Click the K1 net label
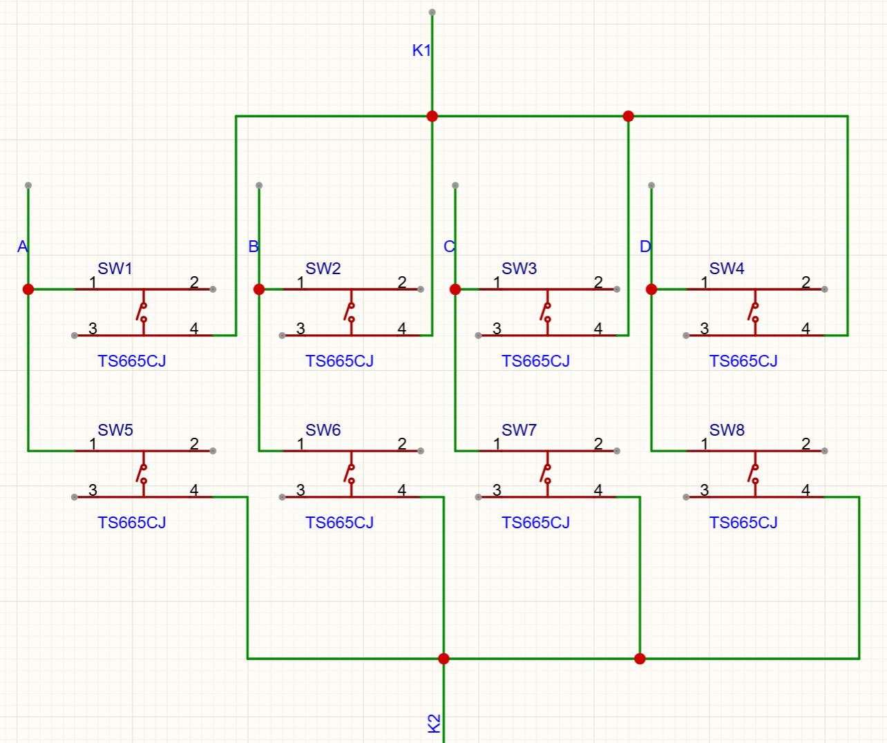click(421, 50)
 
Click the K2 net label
click(434, 724)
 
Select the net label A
click(23, 247)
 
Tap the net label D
click(645, 247)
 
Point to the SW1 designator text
click(115, 269)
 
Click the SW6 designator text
click(323, 430)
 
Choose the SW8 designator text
click(727, 430)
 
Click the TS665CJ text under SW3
click(535, 361)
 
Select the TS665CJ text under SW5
click(132, 523)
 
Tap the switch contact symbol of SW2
click(350, 313)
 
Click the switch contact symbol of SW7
click(546, 474)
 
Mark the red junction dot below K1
click(432, 116)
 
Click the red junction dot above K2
click(443, 659)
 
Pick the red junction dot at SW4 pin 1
click(651, 289)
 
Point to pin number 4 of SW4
click(805, 328)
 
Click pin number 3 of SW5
click(93, 490)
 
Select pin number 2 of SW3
click(598, 282)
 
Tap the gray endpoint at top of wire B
click(259, 186)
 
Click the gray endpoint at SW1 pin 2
click(213, 289)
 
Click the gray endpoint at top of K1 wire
click(432, 12)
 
